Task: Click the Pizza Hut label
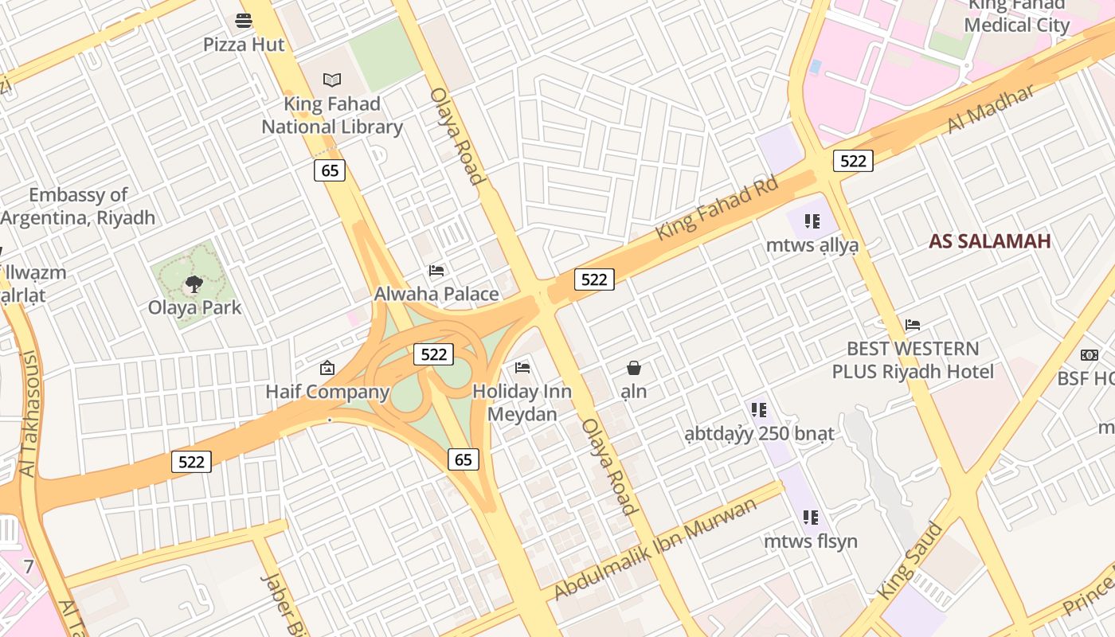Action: [243, 45]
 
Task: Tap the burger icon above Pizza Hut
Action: [244, 21]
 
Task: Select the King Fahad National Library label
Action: [332, 115]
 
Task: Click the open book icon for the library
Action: [332, 80]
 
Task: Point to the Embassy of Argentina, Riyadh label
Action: [78, 206]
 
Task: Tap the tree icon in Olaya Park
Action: [194, 283]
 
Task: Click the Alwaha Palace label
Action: [436, 294]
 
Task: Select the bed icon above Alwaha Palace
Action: [436, 271]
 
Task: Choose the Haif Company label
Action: [327, 392]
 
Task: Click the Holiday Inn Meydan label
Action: [522, 403]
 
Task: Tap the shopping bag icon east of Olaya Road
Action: [634, 368]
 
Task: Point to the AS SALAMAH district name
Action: [989, 241]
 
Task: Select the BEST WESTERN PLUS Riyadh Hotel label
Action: [913, 360]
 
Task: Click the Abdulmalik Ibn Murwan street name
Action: [655, 549]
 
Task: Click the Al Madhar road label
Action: [991, 108]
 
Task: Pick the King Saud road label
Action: [910, 561]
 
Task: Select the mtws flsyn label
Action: [811, 541]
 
